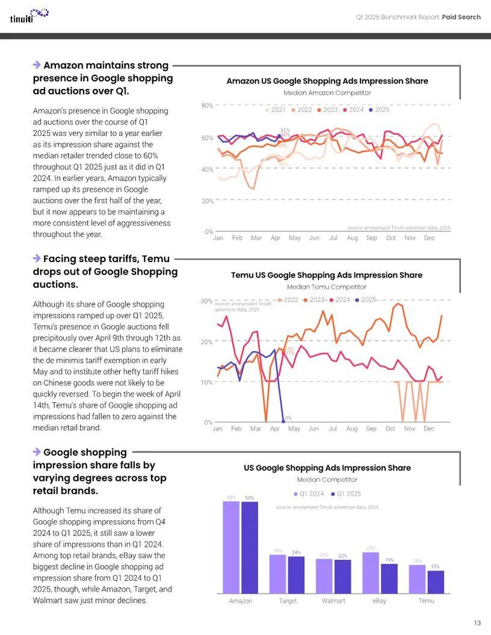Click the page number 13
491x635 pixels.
477,622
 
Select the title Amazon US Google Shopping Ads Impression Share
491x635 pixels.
327,81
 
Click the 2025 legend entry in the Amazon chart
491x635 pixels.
379,110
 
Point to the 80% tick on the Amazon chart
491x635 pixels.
208,106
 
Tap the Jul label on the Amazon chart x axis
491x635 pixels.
333,238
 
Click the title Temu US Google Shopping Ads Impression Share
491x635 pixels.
327,275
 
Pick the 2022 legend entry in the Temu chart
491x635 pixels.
288,300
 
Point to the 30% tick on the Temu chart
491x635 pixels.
208,301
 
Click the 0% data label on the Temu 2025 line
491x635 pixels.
288,418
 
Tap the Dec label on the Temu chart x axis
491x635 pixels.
429,428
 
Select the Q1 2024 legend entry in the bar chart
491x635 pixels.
309,493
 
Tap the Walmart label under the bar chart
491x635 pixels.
334,601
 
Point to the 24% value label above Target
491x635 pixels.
296,552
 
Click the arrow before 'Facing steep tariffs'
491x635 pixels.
36,259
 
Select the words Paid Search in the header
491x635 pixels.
461,17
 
